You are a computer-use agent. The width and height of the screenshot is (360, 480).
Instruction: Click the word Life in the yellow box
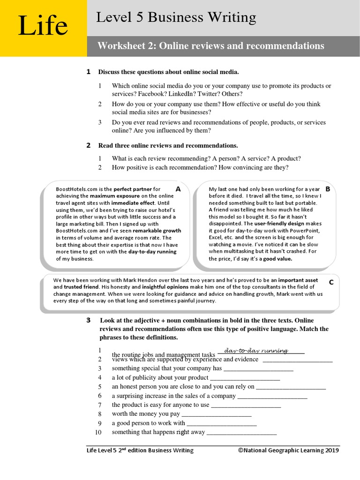pos(43,26)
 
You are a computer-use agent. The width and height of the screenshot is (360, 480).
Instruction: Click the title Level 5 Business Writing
pos(176,18)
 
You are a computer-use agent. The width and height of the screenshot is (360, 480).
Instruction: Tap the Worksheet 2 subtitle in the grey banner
pos(210,46)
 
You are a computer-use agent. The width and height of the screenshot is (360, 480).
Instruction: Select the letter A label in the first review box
pos(178,188)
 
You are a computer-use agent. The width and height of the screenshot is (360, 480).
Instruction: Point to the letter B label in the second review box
pos(328,189)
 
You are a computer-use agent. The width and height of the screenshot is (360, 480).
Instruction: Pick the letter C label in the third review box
pos(331,282)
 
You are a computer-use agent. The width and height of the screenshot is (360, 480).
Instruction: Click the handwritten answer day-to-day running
pos(256,350)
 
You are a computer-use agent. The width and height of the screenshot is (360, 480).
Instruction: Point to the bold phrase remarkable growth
pos(157,231)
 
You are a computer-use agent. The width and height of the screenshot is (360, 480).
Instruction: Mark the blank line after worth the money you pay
pos(216,414)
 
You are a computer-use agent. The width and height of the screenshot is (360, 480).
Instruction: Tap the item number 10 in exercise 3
pos(98,432)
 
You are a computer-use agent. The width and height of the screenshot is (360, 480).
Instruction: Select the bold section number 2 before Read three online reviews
pos(88,146)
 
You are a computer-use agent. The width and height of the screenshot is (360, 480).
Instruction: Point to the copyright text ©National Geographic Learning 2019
pos(288,450)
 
